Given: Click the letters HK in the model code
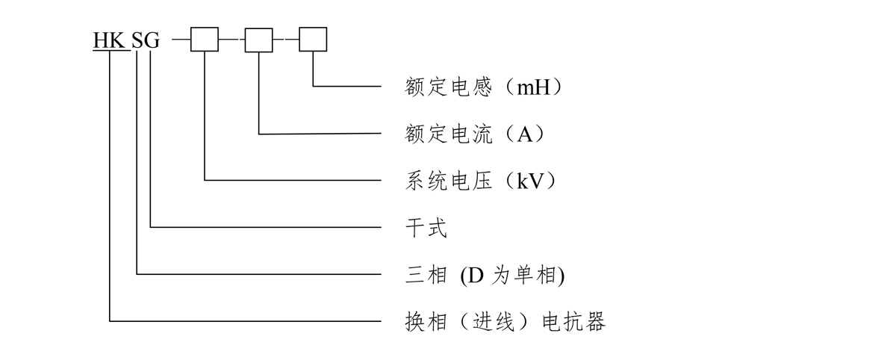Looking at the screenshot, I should click(x=110, y=40).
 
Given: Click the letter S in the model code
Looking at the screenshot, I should click(x=138, y=40).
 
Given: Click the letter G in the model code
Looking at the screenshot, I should click(x=152, y=40).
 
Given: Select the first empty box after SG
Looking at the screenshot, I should click(x=205, y=40).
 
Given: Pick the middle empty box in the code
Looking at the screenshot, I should click(x=259, y=40).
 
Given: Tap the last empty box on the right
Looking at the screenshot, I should click(x=313, y=40).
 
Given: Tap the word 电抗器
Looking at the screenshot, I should click(x=572, y=322).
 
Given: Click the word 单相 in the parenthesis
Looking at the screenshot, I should click(x=538, y=275).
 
